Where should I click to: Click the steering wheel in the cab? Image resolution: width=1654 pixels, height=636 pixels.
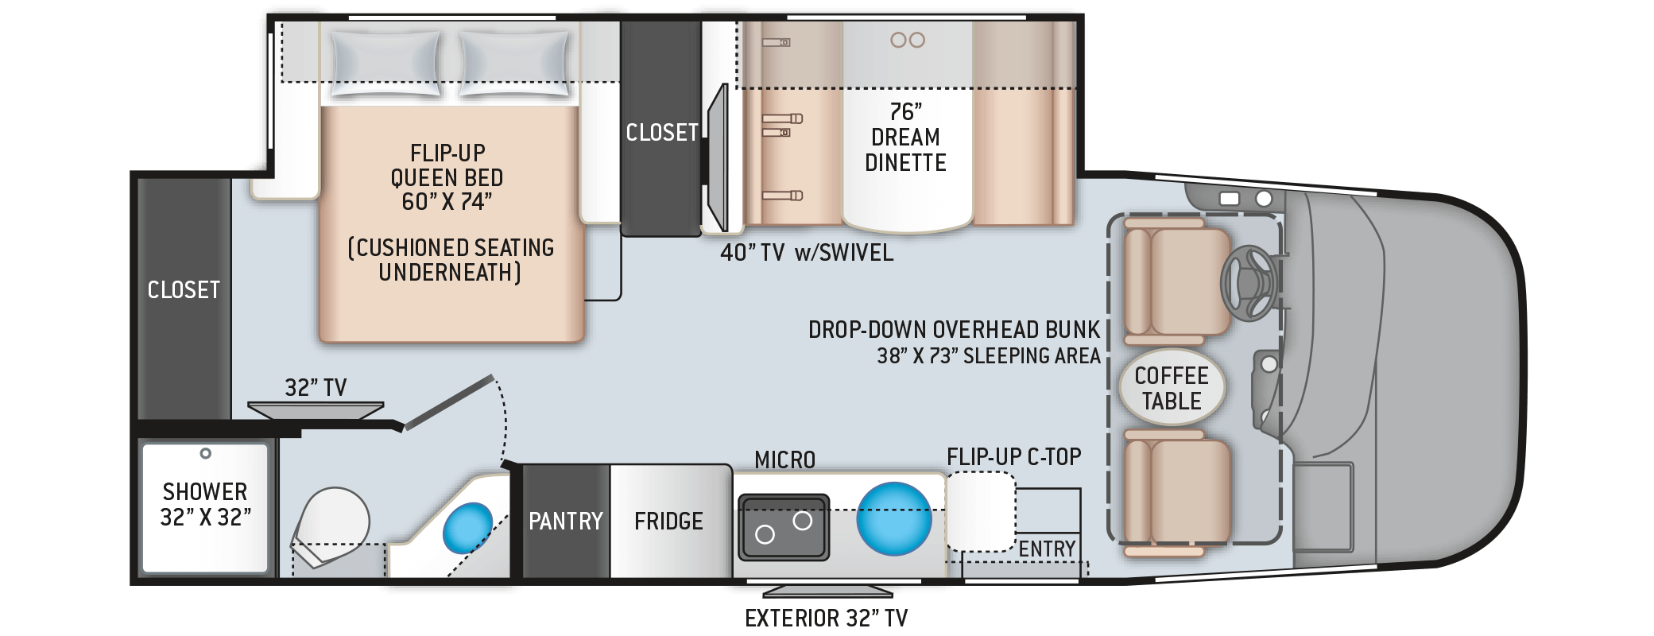[1249, 283]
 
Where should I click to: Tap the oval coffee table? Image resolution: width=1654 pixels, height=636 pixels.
[1172, 389]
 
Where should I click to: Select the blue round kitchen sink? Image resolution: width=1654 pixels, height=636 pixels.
[893, 518]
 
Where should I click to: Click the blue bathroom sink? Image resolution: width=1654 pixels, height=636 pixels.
[467, 526]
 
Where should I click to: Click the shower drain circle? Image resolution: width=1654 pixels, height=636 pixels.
[205, 453]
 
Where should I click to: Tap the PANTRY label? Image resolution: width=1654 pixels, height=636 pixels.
[566, 522]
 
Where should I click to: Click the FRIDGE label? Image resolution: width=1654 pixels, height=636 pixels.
[668, 522]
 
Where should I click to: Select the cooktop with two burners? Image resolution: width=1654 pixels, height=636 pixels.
[784, 527]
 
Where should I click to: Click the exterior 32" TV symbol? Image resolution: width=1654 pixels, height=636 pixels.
[827, 591]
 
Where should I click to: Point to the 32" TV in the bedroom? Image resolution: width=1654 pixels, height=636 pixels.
[316, 409]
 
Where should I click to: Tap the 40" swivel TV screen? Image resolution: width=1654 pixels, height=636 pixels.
[718, 157]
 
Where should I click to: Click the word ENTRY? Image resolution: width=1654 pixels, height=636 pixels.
[1047, 549]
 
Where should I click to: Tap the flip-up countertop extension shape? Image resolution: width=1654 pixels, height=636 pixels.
[980, 511]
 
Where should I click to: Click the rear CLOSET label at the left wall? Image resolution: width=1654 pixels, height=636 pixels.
[184, 290]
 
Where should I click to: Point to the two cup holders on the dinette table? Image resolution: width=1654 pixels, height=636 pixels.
[908, 40]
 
